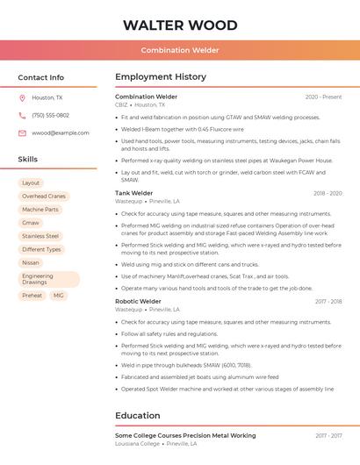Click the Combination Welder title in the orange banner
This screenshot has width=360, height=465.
(x=180, y=50)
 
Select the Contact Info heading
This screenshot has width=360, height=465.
(x=41, y=77)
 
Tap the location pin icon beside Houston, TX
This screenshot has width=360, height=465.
(x=22, y=97)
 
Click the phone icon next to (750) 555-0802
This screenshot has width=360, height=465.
(x=22, y=115)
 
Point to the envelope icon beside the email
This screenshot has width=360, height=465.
(x=22, y=132)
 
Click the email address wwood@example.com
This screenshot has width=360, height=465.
(x=61, y=132)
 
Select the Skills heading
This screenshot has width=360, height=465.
(x=28, y=159)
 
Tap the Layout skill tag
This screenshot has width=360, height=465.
(x=31, y=182)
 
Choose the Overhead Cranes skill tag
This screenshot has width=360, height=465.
(x=44, y=197)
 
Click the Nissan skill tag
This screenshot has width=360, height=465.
(x=31, y=262)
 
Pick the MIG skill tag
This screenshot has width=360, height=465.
(x=58, y=296)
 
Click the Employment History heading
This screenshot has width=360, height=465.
(x=161, y=77)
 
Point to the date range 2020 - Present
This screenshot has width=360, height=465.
(x=323, y=97)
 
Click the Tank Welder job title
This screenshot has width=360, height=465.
(x=134, y=193)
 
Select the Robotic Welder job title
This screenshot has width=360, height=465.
(x=138, y=301)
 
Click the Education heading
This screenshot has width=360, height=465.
(x=137, y=415)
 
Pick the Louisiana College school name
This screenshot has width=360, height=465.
(x=138, y=444)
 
